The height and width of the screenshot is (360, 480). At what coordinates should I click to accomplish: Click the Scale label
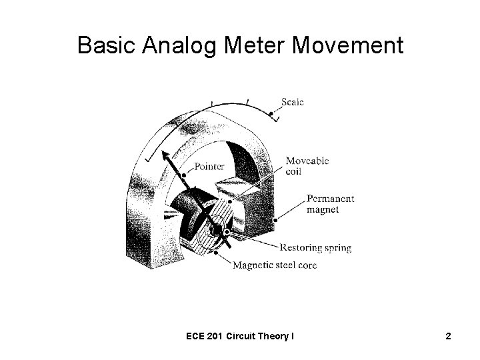292,102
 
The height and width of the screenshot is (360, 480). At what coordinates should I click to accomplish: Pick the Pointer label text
211,165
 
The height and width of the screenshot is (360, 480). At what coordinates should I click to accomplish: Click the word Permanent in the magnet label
331,199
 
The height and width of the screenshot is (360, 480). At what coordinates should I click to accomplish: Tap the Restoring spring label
317,248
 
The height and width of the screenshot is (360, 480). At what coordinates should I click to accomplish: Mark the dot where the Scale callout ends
271,114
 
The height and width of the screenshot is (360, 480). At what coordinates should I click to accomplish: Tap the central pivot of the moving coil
217,231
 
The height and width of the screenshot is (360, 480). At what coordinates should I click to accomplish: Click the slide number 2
449,336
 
